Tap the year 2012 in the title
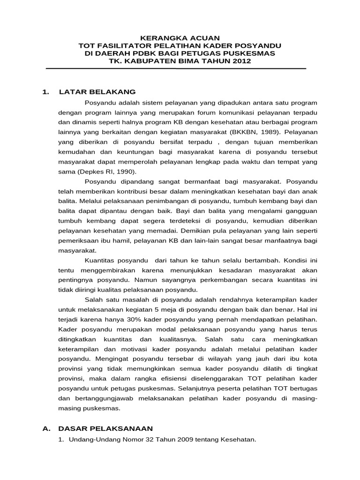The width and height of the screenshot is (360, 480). tap(235, 61)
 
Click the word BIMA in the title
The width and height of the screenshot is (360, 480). tap(190, 61)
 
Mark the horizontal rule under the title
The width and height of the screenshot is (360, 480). tap(176, 69)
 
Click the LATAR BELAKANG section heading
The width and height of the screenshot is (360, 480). tap(97, 92)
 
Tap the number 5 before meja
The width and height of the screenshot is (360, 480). tap(143, 309)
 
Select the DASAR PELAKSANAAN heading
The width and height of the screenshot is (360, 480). tap(105, 428)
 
